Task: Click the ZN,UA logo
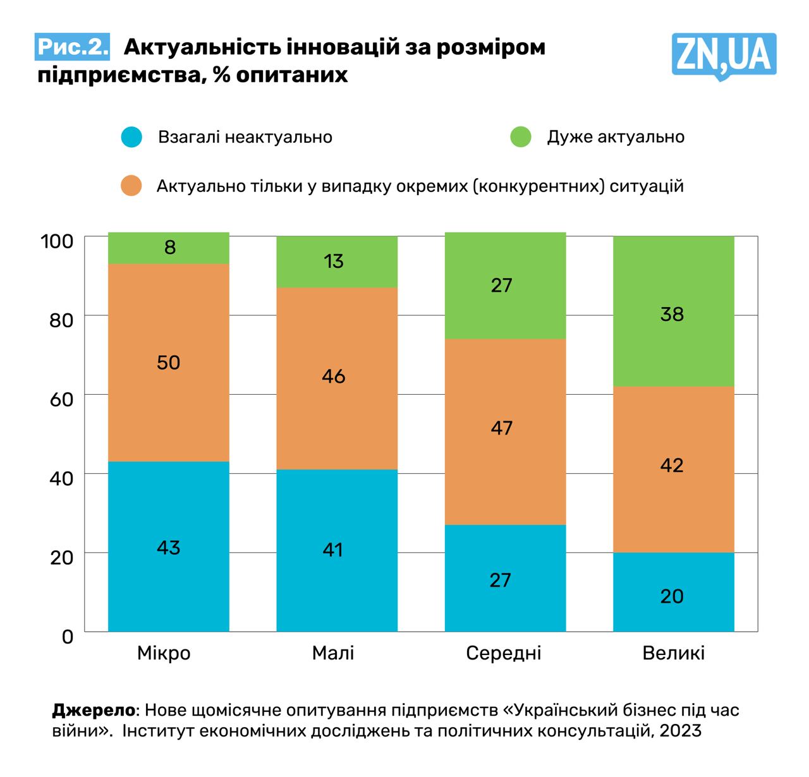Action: (x=723, y=56)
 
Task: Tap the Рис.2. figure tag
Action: (x=72, y=47)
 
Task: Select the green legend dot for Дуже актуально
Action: (x=521, y=137)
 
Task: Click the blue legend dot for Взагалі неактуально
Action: (x=131, y=137)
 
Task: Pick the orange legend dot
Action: (x=131, y=186)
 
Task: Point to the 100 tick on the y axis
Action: (x=57, y=241)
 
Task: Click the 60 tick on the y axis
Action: (x=61, y=399)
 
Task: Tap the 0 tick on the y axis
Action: (x=68, y=636)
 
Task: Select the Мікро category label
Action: (x=164, y=653)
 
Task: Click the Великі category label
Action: (x=673, y=653)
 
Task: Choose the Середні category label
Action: (x=504, y=653)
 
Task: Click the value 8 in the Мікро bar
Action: (x=169, y=247)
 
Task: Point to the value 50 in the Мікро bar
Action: (x=168, y=363)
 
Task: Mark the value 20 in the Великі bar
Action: (x=672, y=596)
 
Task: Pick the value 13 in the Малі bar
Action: (x=334, y=261)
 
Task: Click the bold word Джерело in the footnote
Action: (x=93, y=710)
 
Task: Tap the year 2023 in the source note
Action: (x=680, y=731)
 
